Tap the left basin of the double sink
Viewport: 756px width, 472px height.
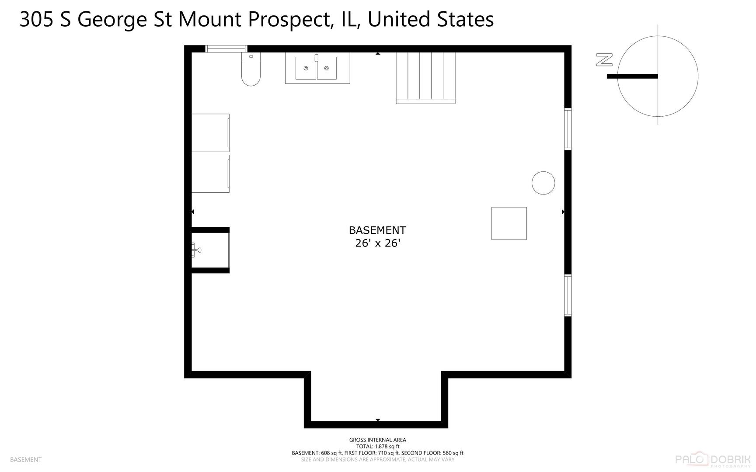pos(306,68)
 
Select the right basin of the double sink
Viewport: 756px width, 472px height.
pos(327,68)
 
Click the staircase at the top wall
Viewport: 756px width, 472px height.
pos(425,77)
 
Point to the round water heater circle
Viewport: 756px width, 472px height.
pos(543,183)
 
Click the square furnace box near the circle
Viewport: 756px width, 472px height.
pos(509,223)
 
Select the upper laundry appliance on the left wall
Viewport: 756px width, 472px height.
pos(210,133)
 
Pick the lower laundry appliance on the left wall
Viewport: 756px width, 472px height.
pos(210,174)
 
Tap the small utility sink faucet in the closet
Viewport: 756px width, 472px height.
pos(196,250)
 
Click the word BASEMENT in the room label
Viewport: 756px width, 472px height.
pos(377,230)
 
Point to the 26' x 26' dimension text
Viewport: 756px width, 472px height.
pos(377,243)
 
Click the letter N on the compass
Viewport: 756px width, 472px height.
pos(604,60)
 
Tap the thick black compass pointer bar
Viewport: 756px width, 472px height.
pos(632,76)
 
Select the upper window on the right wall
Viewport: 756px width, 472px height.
pos(568,129)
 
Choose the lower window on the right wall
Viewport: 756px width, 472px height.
pos(568,295)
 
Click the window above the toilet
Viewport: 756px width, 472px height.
pos(226,49)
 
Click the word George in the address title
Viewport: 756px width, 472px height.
pos(112,20)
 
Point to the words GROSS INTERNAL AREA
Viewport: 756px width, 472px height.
pos(377,440)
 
